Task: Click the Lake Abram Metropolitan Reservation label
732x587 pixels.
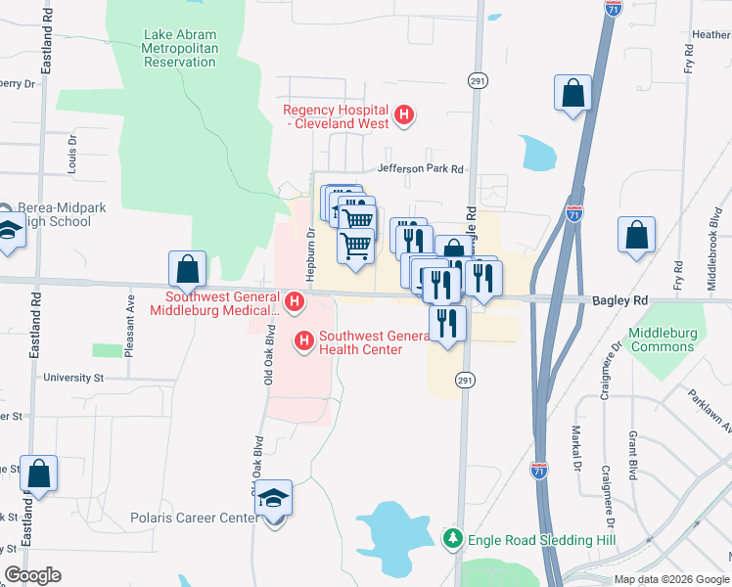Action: (179, 48)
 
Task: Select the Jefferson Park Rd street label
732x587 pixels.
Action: (420, 168)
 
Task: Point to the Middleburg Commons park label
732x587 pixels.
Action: (663, 339)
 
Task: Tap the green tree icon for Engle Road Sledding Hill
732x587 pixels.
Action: (452, 539)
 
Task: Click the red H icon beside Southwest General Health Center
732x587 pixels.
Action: (304, 340)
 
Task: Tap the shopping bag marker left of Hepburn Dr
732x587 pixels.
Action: (187, 268)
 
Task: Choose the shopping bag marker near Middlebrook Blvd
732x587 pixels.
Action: (636, 236)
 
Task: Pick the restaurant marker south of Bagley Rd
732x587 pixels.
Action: (447, 324)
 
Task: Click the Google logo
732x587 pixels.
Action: (32, 575)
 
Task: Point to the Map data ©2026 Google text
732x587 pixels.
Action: (671, 579)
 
